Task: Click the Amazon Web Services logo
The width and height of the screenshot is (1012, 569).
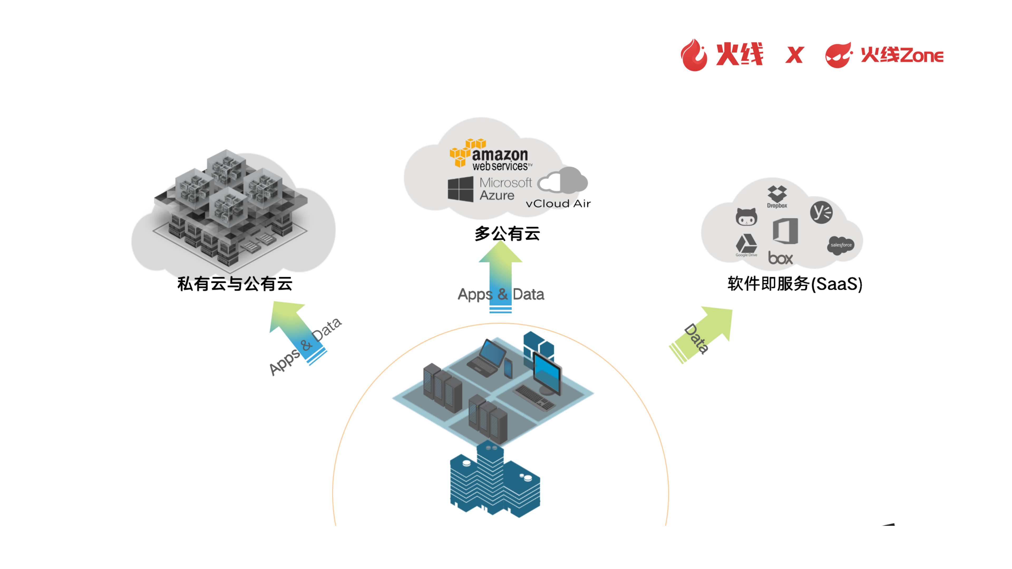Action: [491, 155]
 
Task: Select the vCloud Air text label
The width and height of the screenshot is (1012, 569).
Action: [558, 203]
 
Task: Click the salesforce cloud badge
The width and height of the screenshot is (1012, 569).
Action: [840, 245]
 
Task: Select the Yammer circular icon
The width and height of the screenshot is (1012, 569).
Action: [821, 212]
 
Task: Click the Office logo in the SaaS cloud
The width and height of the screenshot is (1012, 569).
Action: [785, 231]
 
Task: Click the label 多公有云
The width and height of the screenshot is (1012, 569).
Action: [507, 234]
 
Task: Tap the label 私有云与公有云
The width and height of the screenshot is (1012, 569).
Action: [235, 283]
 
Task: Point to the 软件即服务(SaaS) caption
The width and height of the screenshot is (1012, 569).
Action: [794, 283]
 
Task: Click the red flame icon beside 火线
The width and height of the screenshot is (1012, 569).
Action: [694, 55]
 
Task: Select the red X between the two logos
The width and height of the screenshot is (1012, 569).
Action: [794, 55]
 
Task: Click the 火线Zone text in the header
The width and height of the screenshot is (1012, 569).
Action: [902, 55]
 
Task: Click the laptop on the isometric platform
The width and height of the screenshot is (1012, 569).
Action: [487, 357]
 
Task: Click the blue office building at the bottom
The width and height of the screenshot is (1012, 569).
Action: [494, 481]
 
